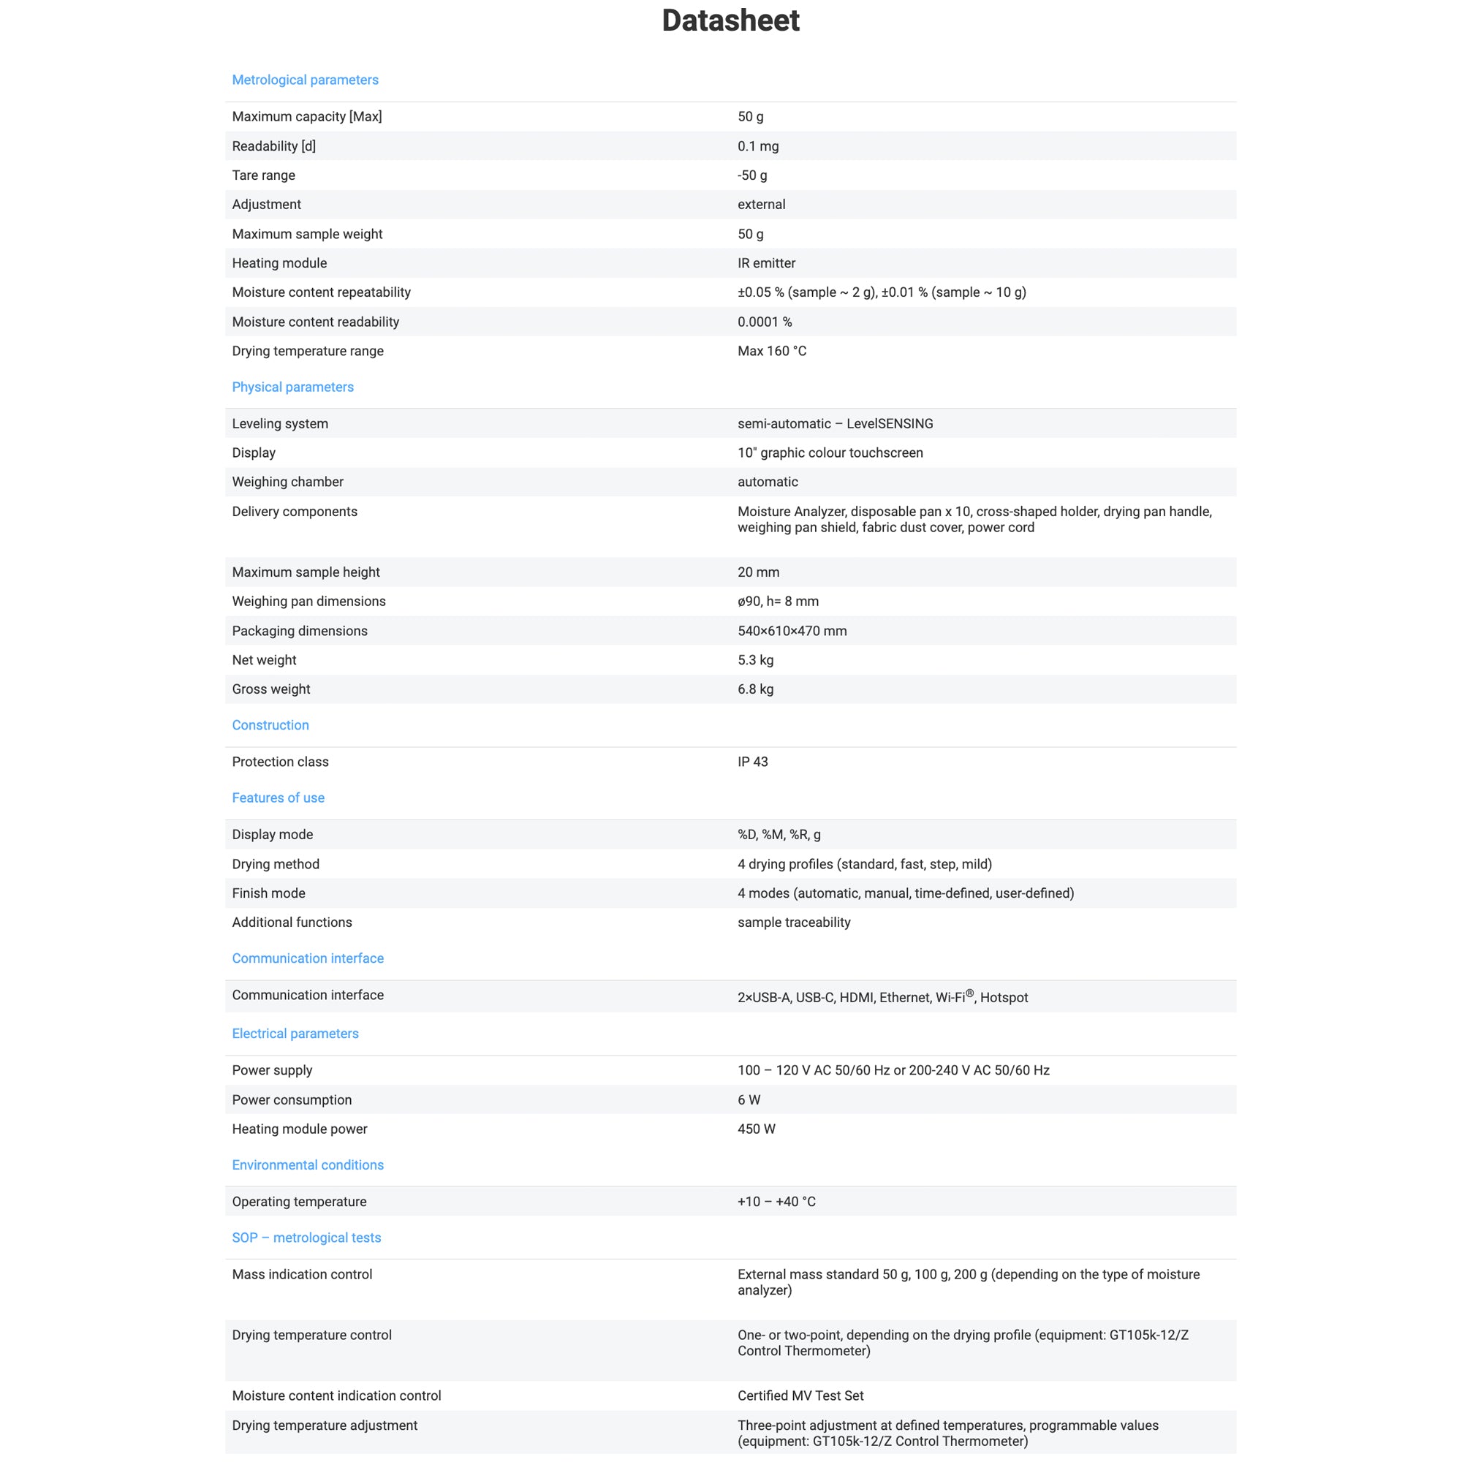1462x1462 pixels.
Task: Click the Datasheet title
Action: click(x=730, y=20)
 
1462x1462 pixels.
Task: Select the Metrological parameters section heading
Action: click(x=305, y=80)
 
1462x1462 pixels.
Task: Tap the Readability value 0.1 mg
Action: click(x=757, y=146)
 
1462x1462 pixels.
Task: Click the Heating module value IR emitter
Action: click(x=766, y=263)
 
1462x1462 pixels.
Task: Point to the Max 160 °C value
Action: click(x=771, y=351)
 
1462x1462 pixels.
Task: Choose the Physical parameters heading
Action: click(x=292, y=387)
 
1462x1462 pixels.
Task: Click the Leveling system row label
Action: click(x=280, y=424)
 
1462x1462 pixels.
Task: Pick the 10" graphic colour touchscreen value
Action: click(x=830, y=453)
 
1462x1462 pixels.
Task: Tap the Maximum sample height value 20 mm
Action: click(x=757, y=573)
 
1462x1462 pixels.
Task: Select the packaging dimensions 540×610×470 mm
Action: click(x=792, y=631)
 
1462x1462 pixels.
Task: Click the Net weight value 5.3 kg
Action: click(x=755, y=661)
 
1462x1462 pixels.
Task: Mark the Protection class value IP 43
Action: click(x=752, y=762)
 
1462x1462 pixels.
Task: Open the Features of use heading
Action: click(x=278, y=798)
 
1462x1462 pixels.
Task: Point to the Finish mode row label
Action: click(x=268, y=894)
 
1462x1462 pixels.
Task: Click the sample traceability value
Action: click(x=793, y=923)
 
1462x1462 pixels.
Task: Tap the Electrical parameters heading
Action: click(x=295, y=1034)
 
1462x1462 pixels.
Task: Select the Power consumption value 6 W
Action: click(x=749, y=1100)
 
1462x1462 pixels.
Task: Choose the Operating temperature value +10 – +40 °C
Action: click(x=776, y=1202)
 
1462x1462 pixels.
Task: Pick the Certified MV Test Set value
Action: click(x=800, y=1396)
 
